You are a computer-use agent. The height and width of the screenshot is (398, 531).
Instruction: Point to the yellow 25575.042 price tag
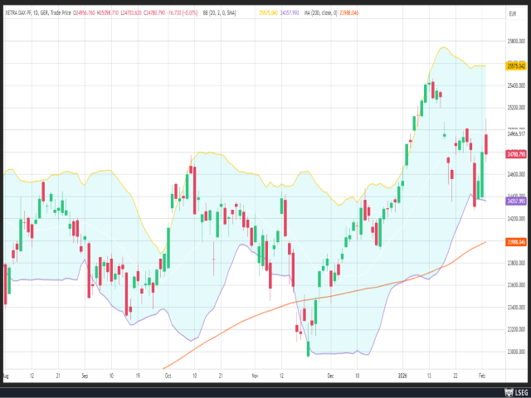516,66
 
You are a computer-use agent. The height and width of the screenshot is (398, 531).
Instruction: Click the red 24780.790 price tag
516,153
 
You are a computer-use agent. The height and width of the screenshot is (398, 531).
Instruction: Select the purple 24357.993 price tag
516,201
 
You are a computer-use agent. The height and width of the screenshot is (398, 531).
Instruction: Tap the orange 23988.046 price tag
516,241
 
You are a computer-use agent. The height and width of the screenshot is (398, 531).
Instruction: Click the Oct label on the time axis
168,374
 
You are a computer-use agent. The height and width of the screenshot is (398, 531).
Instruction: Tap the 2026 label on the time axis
402,374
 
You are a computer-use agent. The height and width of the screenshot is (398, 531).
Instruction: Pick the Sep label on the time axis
85,374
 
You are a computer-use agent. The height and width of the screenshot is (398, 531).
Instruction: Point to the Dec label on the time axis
331,374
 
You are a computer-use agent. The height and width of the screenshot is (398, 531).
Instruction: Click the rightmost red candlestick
485,143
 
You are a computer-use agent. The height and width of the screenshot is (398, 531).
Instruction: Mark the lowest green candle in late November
309,349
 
